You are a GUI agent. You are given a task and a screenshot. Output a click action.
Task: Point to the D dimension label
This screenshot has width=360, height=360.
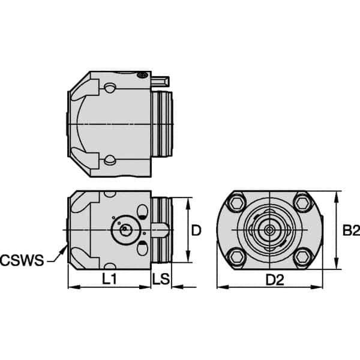[195, 230]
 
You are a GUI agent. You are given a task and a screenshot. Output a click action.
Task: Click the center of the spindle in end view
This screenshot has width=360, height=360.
[269, 229]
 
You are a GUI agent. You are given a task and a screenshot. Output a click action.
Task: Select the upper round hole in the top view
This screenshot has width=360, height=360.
[109, 88]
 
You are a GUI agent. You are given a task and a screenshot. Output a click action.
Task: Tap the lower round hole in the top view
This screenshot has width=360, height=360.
[109, 159]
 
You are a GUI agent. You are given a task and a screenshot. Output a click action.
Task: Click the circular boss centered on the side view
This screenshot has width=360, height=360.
[124, 229]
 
